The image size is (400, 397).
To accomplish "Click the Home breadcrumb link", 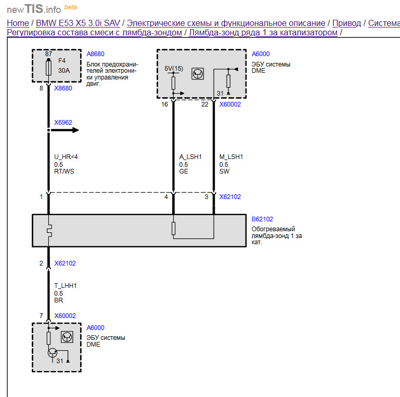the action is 18,23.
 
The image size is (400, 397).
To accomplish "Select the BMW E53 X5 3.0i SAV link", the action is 78,23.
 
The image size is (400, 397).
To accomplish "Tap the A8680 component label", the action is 95,54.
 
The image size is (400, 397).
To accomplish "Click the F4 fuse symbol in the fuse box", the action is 48,67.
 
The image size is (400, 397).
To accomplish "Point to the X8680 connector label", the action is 63,88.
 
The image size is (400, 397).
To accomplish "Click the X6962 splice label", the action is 63,123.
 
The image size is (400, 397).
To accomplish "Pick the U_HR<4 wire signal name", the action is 66,157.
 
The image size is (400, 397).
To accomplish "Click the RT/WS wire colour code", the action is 64,171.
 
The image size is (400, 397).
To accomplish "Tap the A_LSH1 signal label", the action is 190,157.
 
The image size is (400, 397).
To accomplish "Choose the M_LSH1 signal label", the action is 231,157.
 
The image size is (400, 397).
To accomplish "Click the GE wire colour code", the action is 184,171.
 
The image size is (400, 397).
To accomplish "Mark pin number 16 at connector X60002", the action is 164,104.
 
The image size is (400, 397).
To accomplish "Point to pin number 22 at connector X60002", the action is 205,104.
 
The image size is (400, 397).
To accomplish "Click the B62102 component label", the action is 262,219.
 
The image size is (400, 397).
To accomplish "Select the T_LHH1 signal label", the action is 66,286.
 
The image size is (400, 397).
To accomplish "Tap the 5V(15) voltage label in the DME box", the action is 174,69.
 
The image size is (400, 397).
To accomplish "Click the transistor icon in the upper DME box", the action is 198,74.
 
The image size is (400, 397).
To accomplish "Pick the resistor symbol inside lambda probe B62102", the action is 173,228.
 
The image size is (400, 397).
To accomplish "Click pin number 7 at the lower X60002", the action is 41,316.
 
